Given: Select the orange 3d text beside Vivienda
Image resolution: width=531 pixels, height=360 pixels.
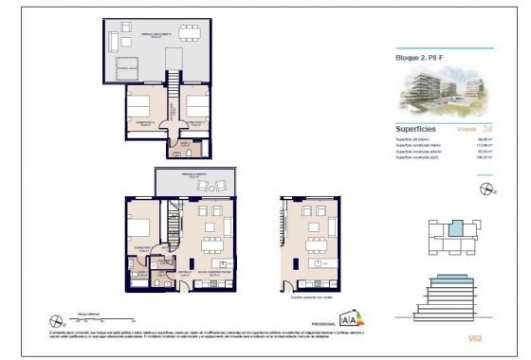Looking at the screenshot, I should [486, 127].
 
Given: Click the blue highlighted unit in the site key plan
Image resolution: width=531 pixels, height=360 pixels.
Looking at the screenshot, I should [456, 228].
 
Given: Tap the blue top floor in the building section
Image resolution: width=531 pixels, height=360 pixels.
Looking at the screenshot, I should [450, 281].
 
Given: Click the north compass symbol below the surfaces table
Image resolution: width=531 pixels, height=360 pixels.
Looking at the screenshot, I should [487, 189].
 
